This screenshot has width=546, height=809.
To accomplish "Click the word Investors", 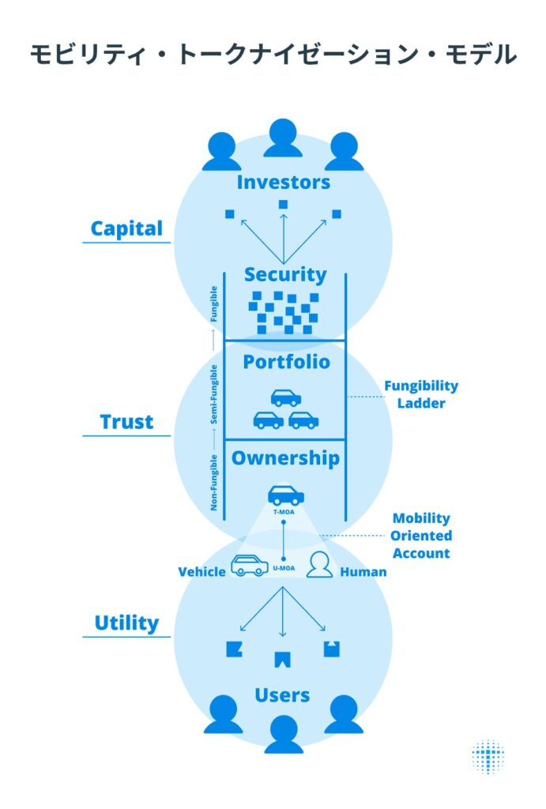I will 283,182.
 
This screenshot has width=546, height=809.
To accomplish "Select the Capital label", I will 126,229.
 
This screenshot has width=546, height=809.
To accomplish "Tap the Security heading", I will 284,275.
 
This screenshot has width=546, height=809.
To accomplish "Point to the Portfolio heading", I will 285,363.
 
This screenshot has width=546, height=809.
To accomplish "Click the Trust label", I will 126,422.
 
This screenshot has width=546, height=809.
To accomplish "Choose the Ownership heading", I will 285,458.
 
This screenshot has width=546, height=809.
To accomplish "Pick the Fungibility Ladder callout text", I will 420,394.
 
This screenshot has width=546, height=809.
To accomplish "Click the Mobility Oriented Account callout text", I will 421,536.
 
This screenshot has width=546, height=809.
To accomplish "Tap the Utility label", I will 126,623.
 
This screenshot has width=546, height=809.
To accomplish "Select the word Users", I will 282,695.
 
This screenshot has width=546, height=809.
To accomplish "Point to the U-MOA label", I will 284,568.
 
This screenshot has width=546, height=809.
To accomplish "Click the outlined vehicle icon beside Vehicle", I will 249,566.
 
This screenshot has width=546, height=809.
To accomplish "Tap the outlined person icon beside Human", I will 319,565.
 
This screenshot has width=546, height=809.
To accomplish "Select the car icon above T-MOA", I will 284,495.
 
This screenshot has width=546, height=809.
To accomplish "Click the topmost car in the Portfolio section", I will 285,397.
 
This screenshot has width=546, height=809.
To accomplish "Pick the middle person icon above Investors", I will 283,138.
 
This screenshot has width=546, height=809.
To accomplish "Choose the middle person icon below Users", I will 283,734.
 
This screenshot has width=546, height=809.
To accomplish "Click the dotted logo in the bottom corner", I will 488,756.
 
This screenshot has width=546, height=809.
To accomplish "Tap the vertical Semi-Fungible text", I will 214,396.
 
